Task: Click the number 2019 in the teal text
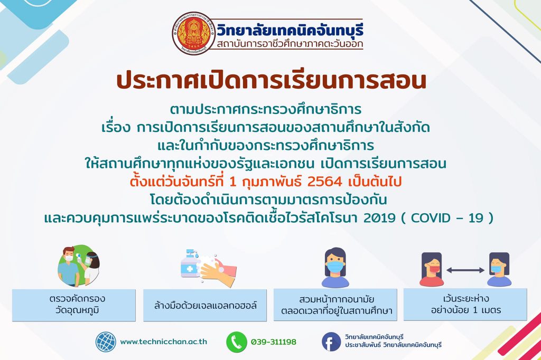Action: pyautogui.click(x=379, y=218)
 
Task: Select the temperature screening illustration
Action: pyautogui.click(x=78, y=266)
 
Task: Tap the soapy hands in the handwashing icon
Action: pyautogui.click(x=217, y=270)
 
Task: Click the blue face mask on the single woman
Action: pyautogui.click(x=335, y=267)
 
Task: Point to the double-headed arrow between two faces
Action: pyautogui.click(x=465, y=270)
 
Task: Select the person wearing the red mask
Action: pyautogui.click(x=431, y=269)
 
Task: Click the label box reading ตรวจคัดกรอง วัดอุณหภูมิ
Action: pyautogui.click(x=74, y=305)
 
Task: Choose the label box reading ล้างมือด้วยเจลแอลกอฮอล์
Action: pyautogui.click(x=205, y=305)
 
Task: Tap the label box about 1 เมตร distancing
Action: pyautogui.click(x=465, y=305)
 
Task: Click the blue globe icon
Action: pyautogui.click(x=106, y=342)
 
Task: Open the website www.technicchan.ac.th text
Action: pyautogui.click(x=164, y=342)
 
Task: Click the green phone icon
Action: pyautogui.click(x=237, y=342)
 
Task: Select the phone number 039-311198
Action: pyautogui.click(x=274, y=342)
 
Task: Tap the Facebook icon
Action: pyautogui.click(x=332, y=342)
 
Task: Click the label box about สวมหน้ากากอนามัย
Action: pyautogui.click(x=335, y=305)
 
